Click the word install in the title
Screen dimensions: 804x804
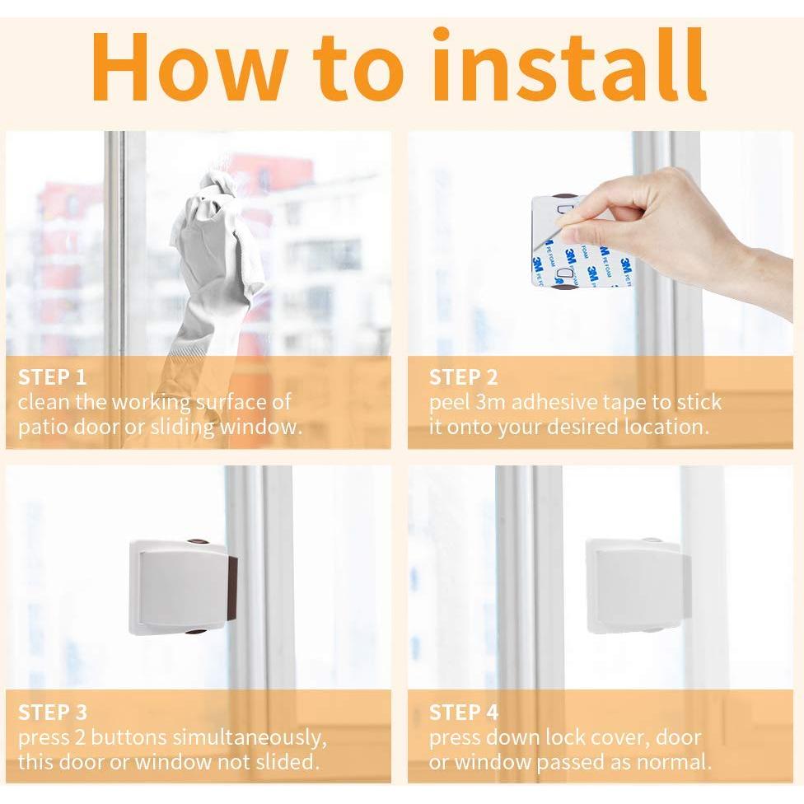572,64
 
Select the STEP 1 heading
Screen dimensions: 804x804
52,377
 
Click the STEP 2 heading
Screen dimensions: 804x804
464,377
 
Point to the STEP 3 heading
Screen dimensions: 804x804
53,713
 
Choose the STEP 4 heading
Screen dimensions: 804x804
464,713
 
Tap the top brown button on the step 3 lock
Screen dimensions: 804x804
198,541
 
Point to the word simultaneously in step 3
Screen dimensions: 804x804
250,738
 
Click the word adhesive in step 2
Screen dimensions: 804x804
554,403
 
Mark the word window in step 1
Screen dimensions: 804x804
260,427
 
